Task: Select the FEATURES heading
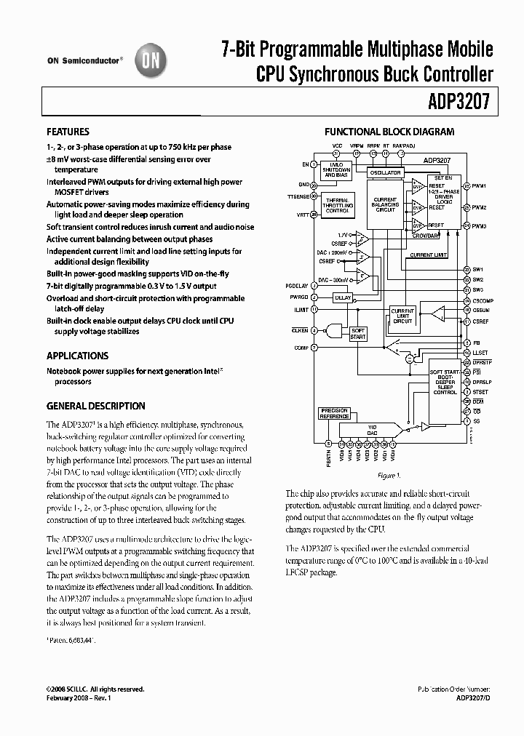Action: [x=68, y=132]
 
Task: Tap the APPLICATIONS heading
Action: [x=77, y=356]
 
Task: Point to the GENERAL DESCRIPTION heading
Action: [x=95, y=406]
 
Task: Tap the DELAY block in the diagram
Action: [x=341, y=297]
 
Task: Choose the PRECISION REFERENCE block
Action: [x=334, y=413]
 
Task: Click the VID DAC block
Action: [x=371, y=430]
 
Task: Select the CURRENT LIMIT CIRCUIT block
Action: [x=402, y=316]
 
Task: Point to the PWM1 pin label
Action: [x=479, y=185]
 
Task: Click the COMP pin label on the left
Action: [x=301, y=348]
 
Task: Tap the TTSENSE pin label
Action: [x=298, y=196]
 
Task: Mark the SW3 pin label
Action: [x=477, y=289]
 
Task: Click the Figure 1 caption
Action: [x=389, y=476]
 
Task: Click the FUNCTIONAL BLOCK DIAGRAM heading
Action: [x=389, y=132]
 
